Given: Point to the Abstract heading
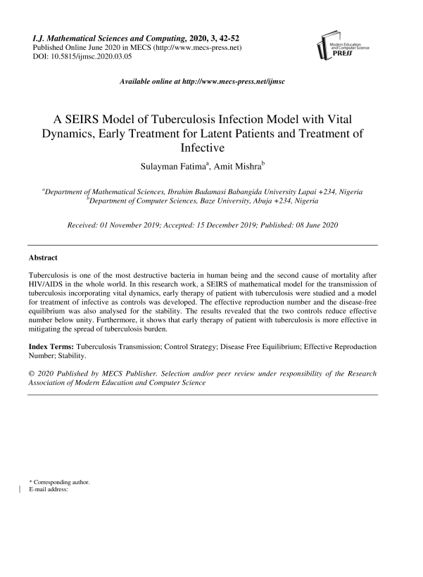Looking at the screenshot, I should click(43, 258).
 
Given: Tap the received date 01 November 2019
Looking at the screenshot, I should click(144, 225).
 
